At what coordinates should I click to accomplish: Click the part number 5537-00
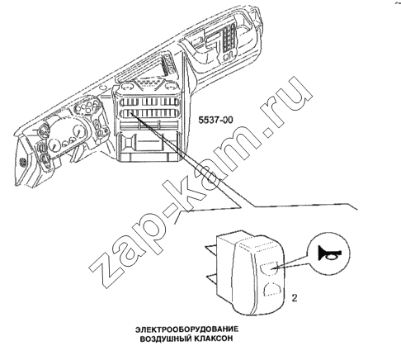pos(215,120)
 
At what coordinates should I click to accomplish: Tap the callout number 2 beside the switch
pos(295,298)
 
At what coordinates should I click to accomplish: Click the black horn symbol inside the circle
pos(329,253)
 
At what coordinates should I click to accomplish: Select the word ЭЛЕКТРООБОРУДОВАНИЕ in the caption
pos(186,329)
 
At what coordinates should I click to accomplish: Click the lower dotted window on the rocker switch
pos(272,289)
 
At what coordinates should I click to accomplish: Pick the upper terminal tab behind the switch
pos(211,249)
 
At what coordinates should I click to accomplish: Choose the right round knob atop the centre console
pos(170,85)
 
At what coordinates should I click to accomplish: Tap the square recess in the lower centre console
pos(128,142)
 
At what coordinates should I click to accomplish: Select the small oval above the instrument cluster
pos(103,88)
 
